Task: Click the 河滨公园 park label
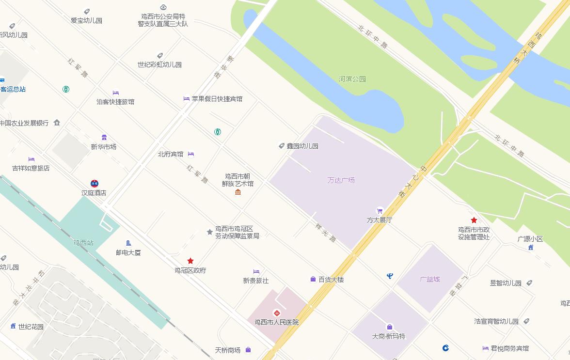tap(352, 79)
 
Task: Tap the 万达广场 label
tap(341, 180)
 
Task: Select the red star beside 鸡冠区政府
tap(190, 261)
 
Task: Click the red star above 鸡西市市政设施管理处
tap(474, 220)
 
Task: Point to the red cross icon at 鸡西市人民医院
tap(277, 313)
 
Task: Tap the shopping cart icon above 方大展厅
tap(380, 211)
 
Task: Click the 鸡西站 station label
tap(83, 243)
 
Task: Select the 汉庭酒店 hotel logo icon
tap(94, 183)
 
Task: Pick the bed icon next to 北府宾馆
tap(191, 154)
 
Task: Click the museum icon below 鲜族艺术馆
tap(237, 192)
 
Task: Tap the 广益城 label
tap(429, 279)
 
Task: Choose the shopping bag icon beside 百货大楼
tap(313, 279)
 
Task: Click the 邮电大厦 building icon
tap(128, 243)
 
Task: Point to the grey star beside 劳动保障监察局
tap(209, 232)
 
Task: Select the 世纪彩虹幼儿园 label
tap(159, 64)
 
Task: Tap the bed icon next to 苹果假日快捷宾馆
tap(187, 98)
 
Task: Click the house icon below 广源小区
tap(531, 247)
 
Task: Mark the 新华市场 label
tap(104, 147)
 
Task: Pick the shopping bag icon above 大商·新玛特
tap(389, 327)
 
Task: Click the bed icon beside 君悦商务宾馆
tap(486, 348)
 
